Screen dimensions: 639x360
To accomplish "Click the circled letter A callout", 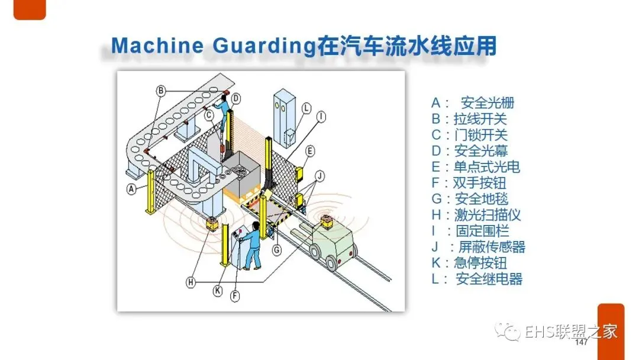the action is [131, 189].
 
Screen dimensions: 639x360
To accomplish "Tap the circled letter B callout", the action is [160, 91].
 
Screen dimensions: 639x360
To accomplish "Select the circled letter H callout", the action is [191, 282].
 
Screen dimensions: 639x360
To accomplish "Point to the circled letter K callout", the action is [218, 290].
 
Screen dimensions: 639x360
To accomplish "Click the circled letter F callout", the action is [235, 297].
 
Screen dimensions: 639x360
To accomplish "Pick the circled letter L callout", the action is [306, 108].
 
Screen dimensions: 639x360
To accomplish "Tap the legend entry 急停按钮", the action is [480, 263].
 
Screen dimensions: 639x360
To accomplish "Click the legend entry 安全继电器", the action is [489, 279].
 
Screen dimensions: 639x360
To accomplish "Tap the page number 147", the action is [581, 343].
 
